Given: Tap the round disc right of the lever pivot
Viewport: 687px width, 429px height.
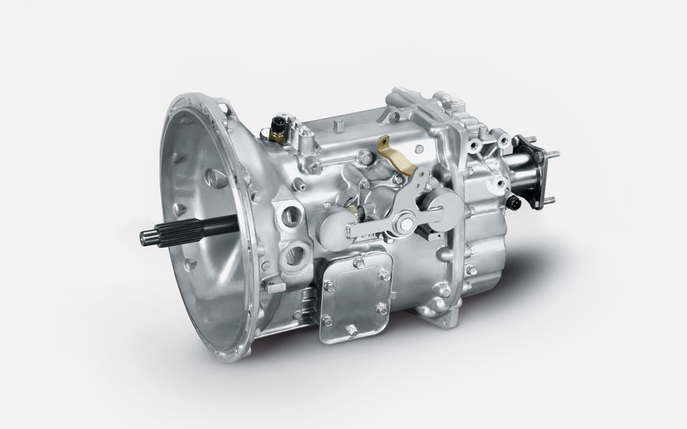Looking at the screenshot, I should point(442,212).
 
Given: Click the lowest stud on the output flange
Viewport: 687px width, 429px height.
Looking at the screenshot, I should point(552,200).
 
